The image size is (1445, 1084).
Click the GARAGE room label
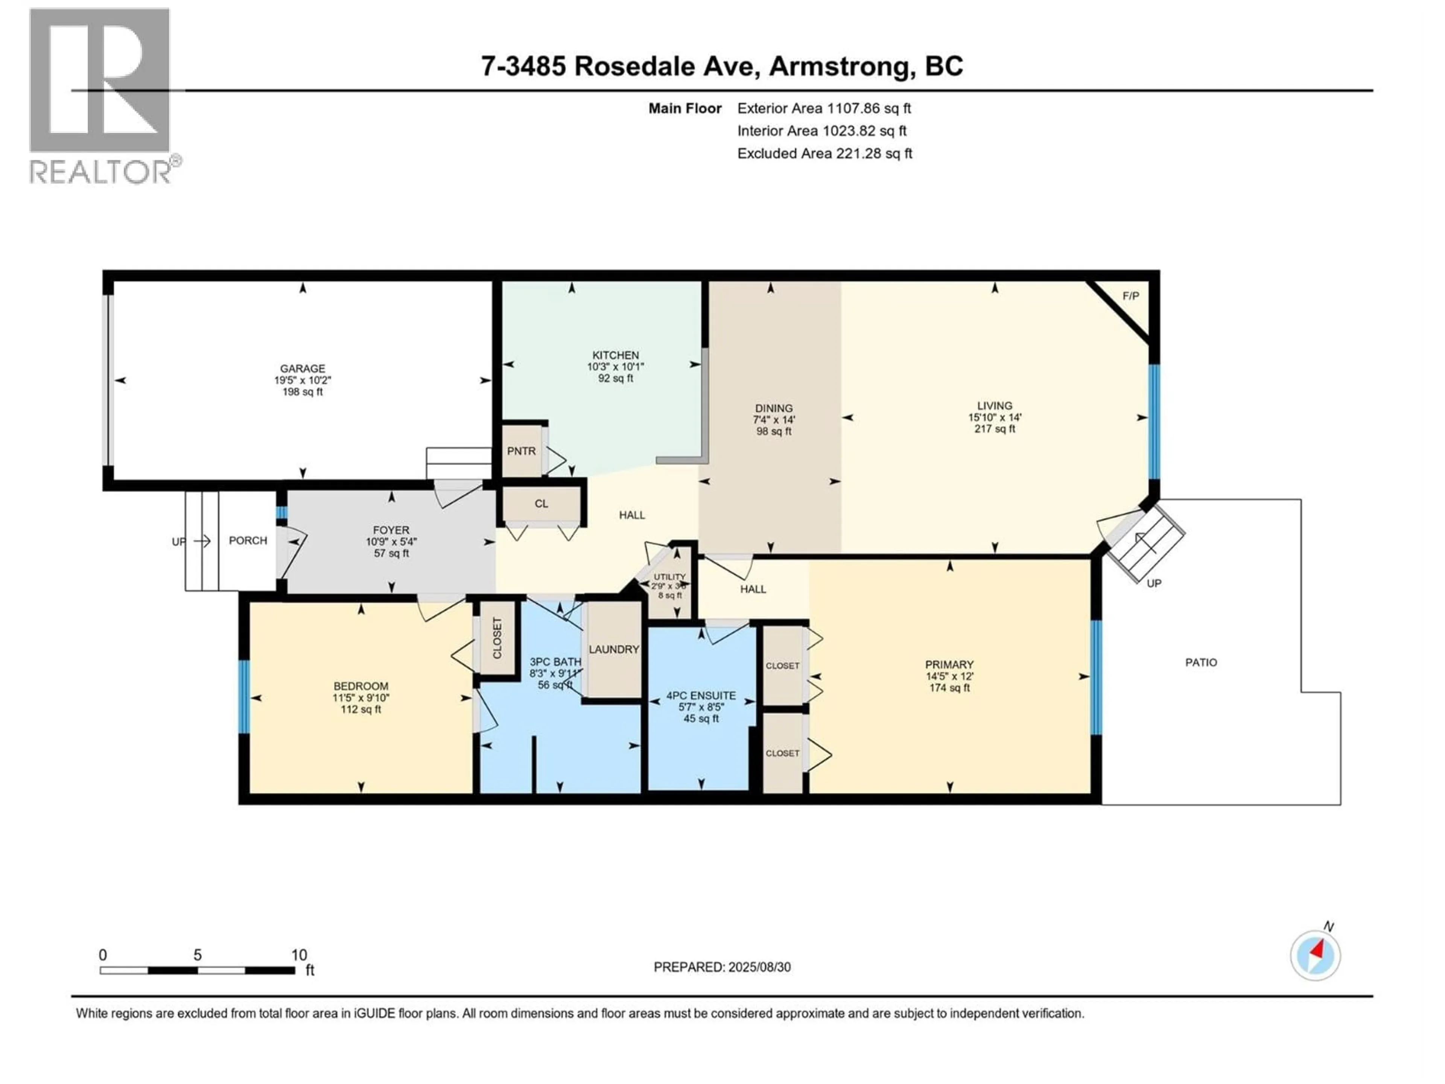tap(303, 368)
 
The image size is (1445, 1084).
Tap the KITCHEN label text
tap(615, 355)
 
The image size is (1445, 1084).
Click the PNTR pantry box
tap(521, 451)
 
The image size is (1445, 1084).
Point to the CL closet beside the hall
tap(541, 504)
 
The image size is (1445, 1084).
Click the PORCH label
tap(248, 540)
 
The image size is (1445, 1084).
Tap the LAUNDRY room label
tap(613, 649)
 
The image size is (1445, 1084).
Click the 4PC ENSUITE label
tap(701, 696)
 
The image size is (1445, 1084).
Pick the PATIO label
tap(1201, 662)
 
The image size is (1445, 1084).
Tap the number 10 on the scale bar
tap(298, 955)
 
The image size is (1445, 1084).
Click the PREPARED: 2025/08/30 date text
tap(722, 967)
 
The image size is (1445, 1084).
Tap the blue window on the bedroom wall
tap(244, 697)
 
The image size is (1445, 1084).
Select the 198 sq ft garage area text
tap(303, 392)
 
